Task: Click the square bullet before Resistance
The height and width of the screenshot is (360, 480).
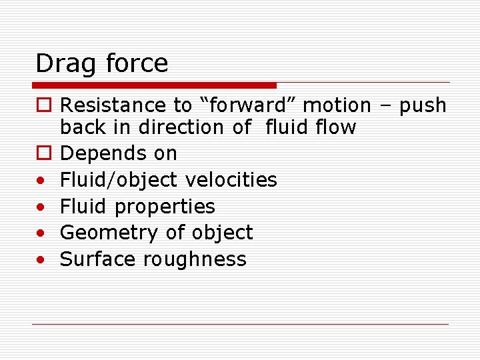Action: (42, 105)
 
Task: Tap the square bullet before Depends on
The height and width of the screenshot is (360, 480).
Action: (42, 153)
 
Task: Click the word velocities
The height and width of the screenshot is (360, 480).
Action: (231, 180)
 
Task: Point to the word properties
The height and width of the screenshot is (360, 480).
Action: (165, 207)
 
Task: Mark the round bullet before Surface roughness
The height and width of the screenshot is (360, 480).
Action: (41, 259)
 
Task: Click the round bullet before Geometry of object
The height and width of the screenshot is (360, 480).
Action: (41, 233)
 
